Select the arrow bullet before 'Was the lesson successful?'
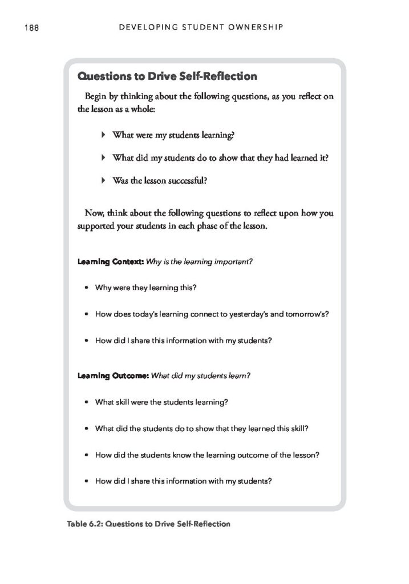[x=103, y=180]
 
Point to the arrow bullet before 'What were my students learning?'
[x=103, y=135]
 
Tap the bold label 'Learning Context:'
[x=110, y=262]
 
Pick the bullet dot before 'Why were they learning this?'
[x=86, y=288]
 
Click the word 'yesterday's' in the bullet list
[x=246, y=314]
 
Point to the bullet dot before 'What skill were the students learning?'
[x=86, y=401]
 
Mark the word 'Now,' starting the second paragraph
[x=94, y=214]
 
